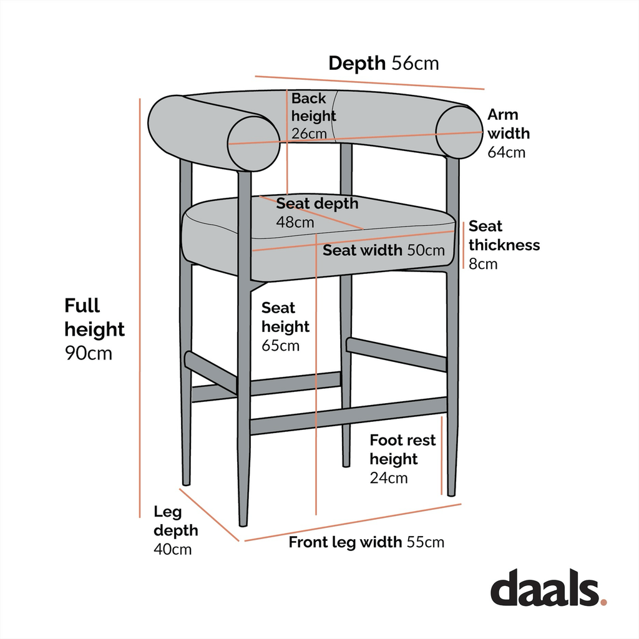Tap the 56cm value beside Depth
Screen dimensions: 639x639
[415, 63]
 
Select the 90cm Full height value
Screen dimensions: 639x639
[88, 353]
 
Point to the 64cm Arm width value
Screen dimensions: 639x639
[506, 152]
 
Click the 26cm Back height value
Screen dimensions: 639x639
[308, 134]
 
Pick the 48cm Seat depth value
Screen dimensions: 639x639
[295, 222]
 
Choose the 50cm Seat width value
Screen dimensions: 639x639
[426, 251]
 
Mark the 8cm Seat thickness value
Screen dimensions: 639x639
[483, 263]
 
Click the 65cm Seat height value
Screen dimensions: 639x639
[280, 345]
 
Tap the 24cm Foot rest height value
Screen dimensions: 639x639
[388, 478]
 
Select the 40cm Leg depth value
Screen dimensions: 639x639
[173, 549]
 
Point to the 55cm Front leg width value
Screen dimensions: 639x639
[426, 542]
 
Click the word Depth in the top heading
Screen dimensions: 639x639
[358, 63]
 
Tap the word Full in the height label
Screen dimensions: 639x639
[82, 306]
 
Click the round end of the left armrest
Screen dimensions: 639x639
[253, 144]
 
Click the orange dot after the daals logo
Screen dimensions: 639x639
[603, 602]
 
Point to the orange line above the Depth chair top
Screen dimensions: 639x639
[369, 82]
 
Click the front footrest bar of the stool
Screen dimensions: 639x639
[348, 417]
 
